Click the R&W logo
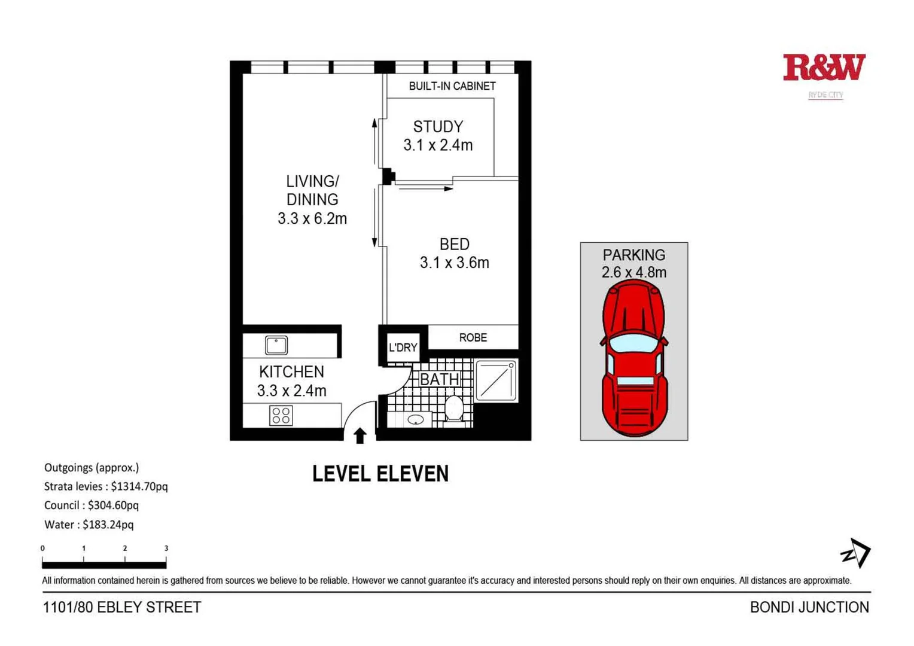pyautogui.click(x=824, y=68)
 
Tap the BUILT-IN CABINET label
pyautogui.click(x=452, y=86)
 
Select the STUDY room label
pyautogui.click(x=438, y=127)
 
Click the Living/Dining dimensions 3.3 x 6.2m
pyautogui.click(x=312, y=219)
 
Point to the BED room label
pyautogui.click(x=454, y=244)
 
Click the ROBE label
pyautogui.click(x=473, y=338)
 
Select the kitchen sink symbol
pyautogui.click(x=276, y=345)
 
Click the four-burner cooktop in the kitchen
pyautogui.click(x=281, y=415)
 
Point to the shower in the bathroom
pyautogui.click(x=496, y=380)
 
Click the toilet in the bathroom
pyautogui.click(x=454, y=409)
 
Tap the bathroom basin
pyautogui.click(x=415, y=419)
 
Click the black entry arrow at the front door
pyautogui.click(x=359, y=435)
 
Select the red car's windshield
pyautogui.click(x=633, y=343)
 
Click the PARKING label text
pyautogui.click(x=633, y=255)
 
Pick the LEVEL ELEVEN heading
pyautogui.click(x=380, y=474)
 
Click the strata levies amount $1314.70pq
pyautogui.click(x=139, y=487)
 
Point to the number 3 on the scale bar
pyautogui.click(x=166, y=548)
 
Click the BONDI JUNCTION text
pyautogui.click(x=809, y=607)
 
